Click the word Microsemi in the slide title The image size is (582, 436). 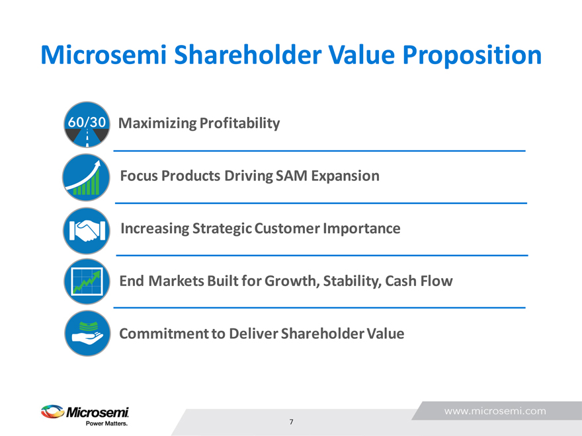(104, 55)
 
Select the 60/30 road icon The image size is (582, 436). (87, 124)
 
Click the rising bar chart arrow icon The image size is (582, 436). (86, 177)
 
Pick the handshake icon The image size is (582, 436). (87, 231)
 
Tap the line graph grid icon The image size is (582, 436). (87, 281)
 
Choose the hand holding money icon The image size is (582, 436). (87, 334)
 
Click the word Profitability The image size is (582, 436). (240, 124)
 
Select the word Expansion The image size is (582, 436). (345, 176)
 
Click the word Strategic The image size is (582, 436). (222, 229)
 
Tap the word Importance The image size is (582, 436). (362, 229)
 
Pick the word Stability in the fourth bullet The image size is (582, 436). (352, 281)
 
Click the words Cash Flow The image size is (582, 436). (419, 281)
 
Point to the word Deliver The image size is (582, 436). (253, 334)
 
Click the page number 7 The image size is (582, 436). (292, 422)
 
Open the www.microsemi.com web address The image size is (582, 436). (495, 411)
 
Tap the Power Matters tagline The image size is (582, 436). (107, 423)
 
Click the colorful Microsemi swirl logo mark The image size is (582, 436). (52, 412)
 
